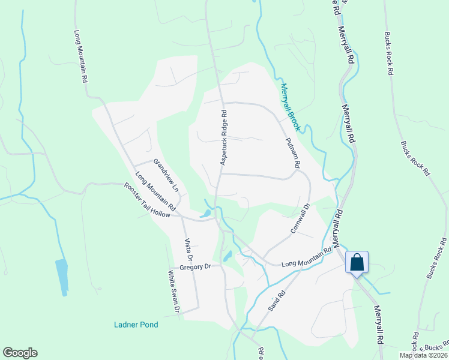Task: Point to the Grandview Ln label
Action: tap(167, 175)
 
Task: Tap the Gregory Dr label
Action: tap(196, 266)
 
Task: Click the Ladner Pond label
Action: tap(136, 325)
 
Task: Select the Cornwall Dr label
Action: tap(300, 218)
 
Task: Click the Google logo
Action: tap(20, 353)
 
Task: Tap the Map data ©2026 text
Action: tap(423, 355)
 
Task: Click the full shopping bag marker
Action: tap(357, 262)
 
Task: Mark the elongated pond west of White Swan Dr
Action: tap(61, 277)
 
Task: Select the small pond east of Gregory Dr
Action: tap(227, 256)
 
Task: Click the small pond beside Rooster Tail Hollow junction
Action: tap(205, 214)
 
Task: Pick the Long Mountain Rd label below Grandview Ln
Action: tap(155, 191)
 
